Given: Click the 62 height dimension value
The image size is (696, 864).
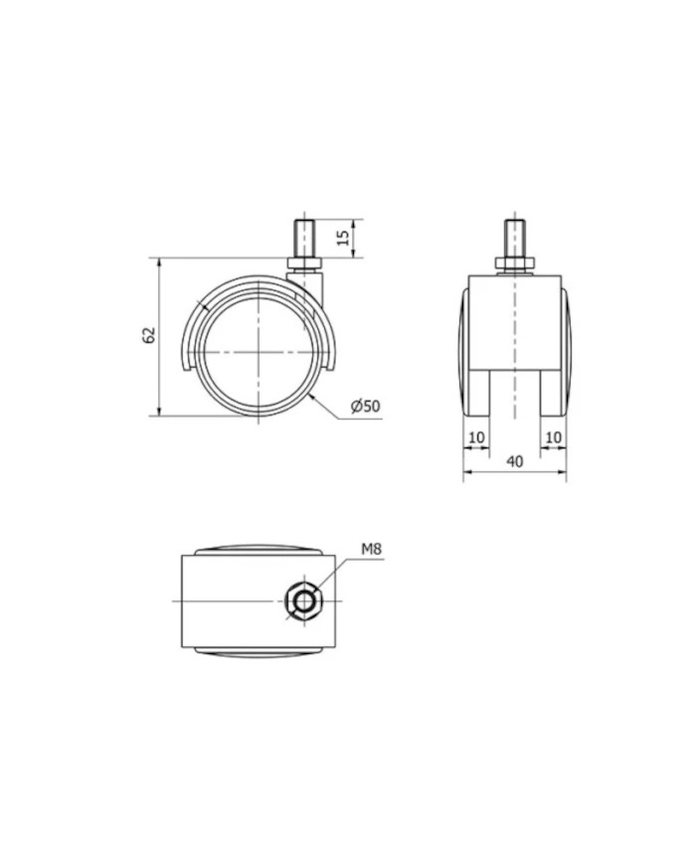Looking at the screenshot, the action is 149,336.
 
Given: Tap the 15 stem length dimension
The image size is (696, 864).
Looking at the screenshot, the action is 343,238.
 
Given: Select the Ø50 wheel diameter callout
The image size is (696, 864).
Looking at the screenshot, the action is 366,406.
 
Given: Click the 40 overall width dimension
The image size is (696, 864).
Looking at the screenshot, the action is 514,460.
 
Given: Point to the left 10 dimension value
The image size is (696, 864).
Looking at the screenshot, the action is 475,437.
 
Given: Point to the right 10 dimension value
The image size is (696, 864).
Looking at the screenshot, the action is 552,437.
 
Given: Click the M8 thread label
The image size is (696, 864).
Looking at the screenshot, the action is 372,549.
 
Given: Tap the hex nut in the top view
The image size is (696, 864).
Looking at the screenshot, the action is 302,601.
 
